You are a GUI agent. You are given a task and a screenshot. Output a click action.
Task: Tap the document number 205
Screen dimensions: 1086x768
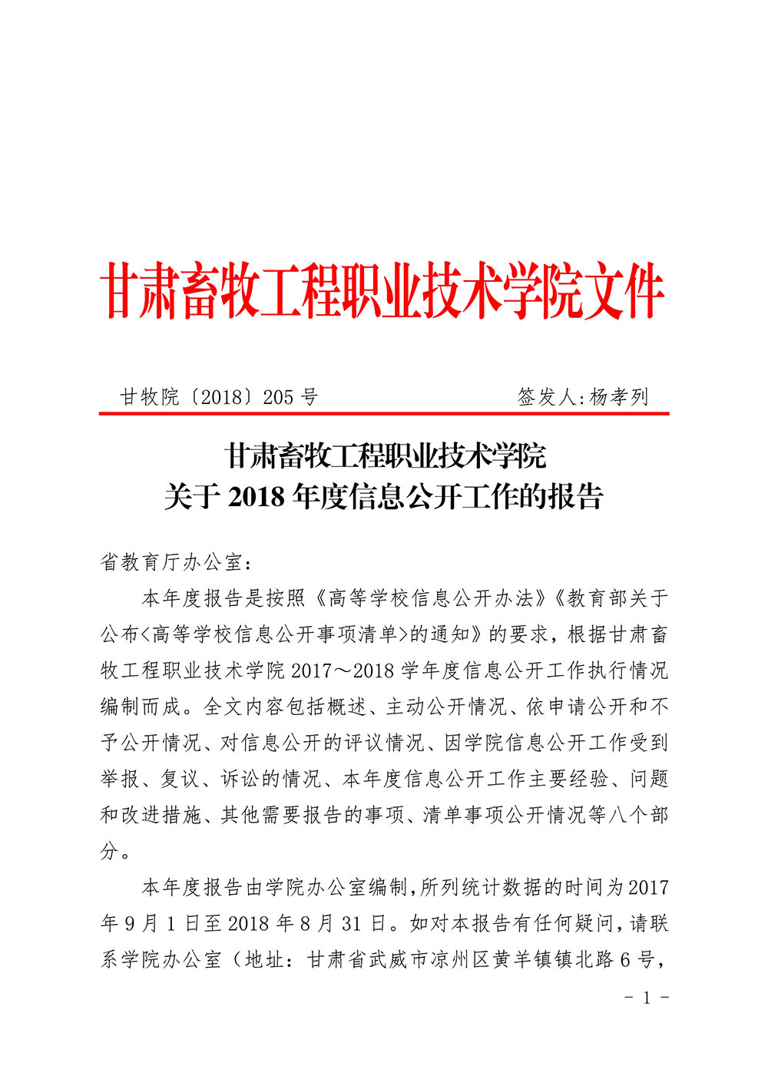coord(278,397)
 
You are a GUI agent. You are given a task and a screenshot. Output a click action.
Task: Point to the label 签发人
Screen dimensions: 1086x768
coord(548,397)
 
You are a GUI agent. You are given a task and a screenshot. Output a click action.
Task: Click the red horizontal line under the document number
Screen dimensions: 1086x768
coord(384,414)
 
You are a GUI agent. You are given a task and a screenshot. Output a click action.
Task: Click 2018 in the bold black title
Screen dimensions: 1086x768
coord(257,497)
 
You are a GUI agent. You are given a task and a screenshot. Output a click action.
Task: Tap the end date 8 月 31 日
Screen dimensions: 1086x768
coord(343,923)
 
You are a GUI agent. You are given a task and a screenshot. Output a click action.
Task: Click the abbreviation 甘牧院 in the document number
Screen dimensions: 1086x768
coord(149,397)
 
